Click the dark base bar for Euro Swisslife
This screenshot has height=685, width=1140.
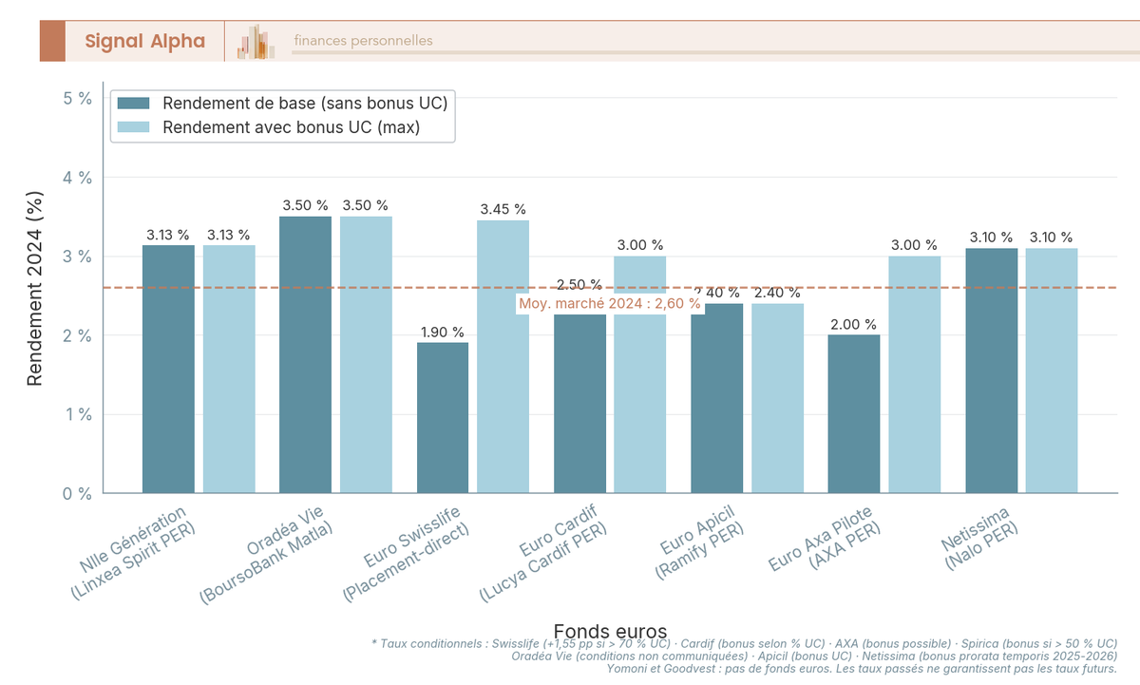pos(443,418)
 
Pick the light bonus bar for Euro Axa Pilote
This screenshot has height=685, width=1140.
pos(914,374)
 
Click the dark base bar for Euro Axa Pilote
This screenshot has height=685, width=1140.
pos(853,414)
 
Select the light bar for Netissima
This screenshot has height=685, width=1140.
pos(1051,371)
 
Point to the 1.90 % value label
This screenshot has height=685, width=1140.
pos(443,333)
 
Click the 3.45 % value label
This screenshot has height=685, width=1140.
pos(503,210)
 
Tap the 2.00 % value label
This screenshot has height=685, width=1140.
pos(853,325)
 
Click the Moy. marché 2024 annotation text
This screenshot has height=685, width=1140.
pos(609,303)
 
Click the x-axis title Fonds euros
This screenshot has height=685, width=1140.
pos(609,632)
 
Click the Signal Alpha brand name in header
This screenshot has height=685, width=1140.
pos(144,41)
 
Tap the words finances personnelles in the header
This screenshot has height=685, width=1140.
pos(363,41)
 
